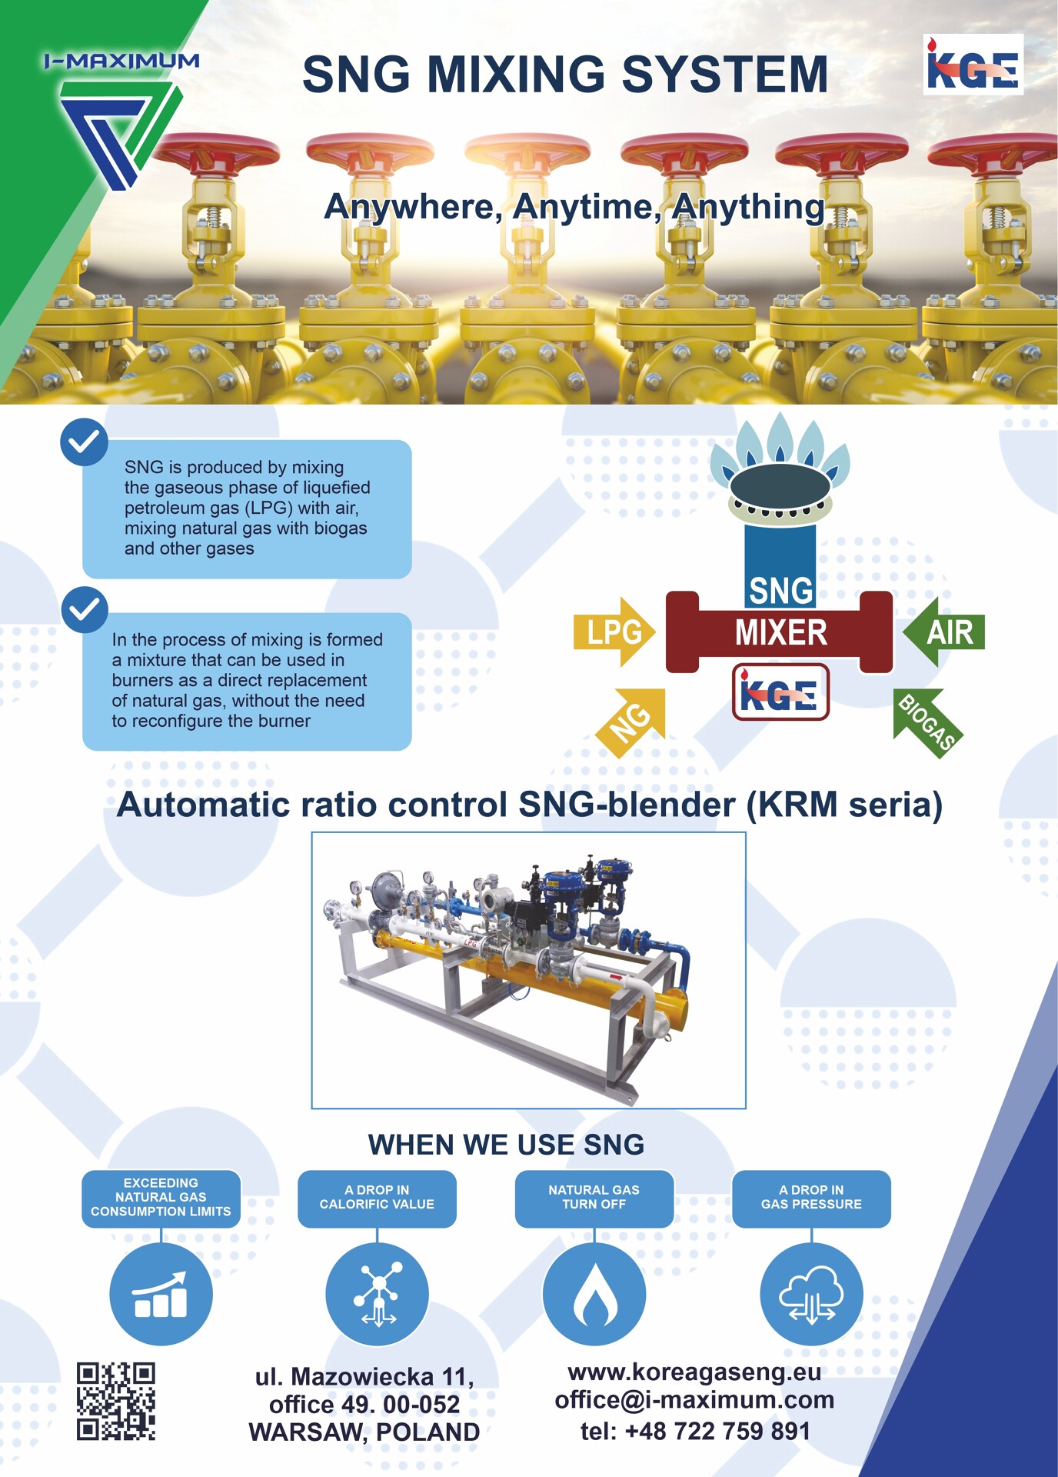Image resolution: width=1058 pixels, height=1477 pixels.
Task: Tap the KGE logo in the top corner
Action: [973, 65]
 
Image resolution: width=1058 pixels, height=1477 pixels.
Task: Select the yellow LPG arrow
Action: [614, 632]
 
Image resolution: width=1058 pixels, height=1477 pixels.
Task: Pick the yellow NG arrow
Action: [631, 722]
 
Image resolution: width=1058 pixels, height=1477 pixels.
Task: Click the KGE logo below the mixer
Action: [780, 692]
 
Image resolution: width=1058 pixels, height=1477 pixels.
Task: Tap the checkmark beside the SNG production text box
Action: [84, 442]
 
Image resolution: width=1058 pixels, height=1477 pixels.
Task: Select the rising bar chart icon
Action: [161, 1294]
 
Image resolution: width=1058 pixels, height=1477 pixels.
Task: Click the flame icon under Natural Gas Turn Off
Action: [594, 1294]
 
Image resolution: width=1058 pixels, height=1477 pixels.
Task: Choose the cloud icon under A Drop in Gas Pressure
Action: [811, 1294]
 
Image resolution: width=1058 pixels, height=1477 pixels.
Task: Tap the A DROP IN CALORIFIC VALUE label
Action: [377, 1198]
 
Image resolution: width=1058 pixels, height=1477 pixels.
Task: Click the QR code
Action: [116, 1401]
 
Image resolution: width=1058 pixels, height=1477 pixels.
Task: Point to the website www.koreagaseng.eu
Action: [694, 1372]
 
